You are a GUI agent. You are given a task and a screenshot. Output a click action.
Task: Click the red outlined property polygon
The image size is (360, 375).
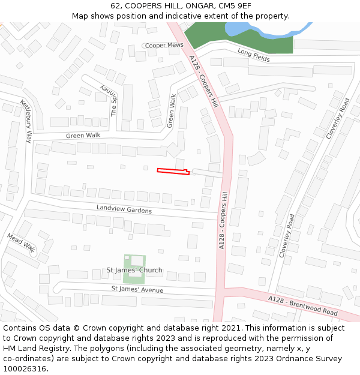(173, 172)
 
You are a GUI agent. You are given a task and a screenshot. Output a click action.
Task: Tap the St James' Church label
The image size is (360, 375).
(134, 270)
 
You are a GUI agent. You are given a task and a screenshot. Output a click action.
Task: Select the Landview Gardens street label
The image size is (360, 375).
(124, 209)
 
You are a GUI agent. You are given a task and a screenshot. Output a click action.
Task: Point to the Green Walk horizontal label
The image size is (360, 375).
(83, 136)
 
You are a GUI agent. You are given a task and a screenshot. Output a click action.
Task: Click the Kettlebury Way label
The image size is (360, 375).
(25, 121)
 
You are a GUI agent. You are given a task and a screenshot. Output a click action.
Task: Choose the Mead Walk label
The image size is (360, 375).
(22, 242)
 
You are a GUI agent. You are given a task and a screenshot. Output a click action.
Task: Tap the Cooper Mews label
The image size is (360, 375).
(164, 45)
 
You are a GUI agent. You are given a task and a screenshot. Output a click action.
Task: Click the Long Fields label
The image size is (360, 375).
(253, 55)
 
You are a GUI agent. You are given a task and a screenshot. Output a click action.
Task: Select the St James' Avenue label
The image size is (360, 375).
(137, 290)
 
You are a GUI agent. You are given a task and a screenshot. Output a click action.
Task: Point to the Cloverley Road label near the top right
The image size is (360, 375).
(337, 119)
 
